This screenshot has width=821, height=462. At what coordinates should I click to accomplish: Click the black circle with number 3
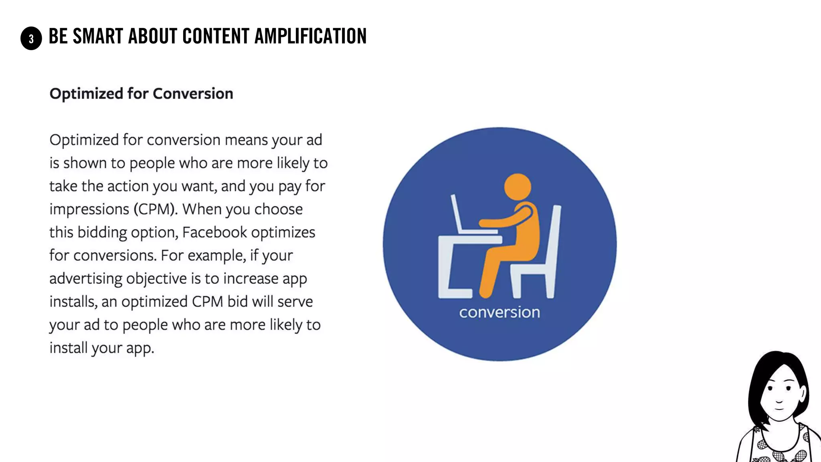click(31, 38)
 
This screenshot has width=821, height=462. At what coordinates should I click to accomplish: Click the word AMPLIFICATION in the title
click(310, 36)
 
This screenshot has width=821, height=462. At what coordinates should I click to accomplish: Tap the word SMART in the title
click(97, 36)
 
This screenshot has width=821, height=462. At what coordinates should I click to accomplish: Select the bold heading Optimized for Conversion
click(141, 93)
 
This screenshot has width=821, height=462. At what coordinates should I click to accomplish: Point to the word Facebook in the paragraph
click(214, 232)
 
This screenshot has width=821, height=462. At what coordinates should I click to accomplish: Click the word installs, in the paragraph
click(73, 302)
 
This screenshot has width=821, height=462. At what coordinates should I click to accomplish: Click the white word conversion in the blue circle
click(499, 312)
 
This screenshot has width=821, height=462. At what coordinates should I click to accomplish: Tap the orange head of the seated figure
click(518, 187)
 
